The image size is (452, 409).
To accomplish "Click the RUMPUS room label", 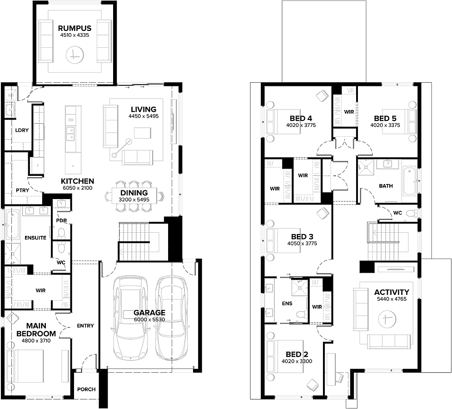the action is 75,28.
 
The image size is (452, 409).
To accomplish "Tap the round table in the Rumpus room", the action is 75,55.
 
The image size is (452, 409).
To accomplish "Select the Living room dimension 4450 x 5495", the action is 144,116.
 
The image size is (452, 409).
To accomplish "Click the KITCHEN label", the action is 77,181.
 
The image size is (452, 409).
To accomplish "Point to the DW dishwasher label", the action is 71,120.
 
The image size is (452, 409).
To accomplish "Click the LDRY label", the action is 22,130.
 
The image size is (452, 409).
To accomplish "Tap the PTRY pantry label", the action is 22,190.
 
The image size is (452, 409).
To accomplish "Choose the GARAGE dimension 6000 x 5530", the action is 149,319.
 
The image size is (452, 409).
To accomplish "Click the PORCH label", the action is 86,389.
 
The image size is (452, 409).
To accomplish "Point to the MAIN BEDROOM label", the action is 36,329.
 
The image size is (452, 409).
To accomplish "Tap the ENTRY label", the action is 85,326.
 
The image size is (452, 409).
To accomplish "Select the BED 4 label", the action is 301,118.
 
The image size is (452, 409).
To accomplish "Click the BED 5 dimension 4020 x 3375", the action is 385,125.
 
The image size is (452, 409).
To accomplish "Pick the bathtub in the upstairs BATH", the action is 409,181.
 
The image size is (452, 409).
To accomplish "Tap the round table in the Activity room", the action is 387,319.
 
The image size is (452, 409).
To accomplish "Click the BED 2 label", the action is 297,354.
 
